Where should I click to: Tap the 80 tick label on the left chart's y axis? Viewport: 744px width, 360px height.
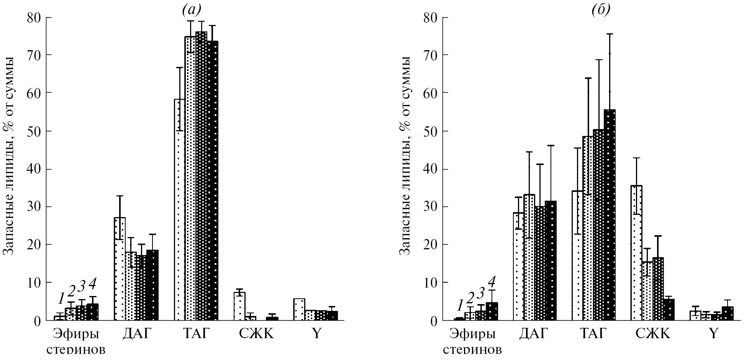tap(34, 18)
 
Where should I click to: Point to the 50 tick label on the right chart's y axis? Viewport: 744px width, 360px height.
tap(431, 131)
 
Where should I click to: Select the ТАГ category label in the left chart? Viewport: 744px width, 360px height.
tap(196, 334)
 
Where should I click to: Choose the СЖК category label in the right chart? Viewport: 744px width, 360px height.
tap(653, 334)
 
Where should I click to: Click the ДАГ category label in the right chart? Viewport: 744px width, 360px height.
tap(534, 334)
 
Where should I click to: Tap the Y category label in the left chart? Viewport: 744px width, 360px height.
tap(316, 334)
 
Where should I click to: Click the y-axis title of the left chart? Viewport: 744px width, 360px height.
tap(9, 155)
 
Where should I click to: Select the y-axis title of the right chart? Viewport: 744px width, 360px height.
tap(405, 155)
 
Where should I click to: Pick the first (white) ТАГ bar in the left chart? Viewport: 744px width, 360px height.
tap(179, 211)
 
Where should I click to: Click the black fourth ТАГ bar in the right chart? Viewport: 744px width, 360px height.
tap(610, 214)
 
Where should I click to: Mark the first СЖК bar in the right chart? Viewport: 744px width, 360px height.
tap(636, 253)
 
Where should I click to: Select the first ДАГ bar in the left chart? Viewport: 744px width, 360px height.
tap(120, 268)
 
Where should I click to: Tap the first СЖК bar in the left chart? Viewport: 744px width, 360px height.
tap(239, 306)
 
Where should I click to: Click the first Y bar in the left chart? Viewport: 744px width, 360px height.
tap(299, 309)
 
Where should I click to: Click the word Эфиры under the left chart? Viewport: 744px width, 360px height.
tap(75, 334)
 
